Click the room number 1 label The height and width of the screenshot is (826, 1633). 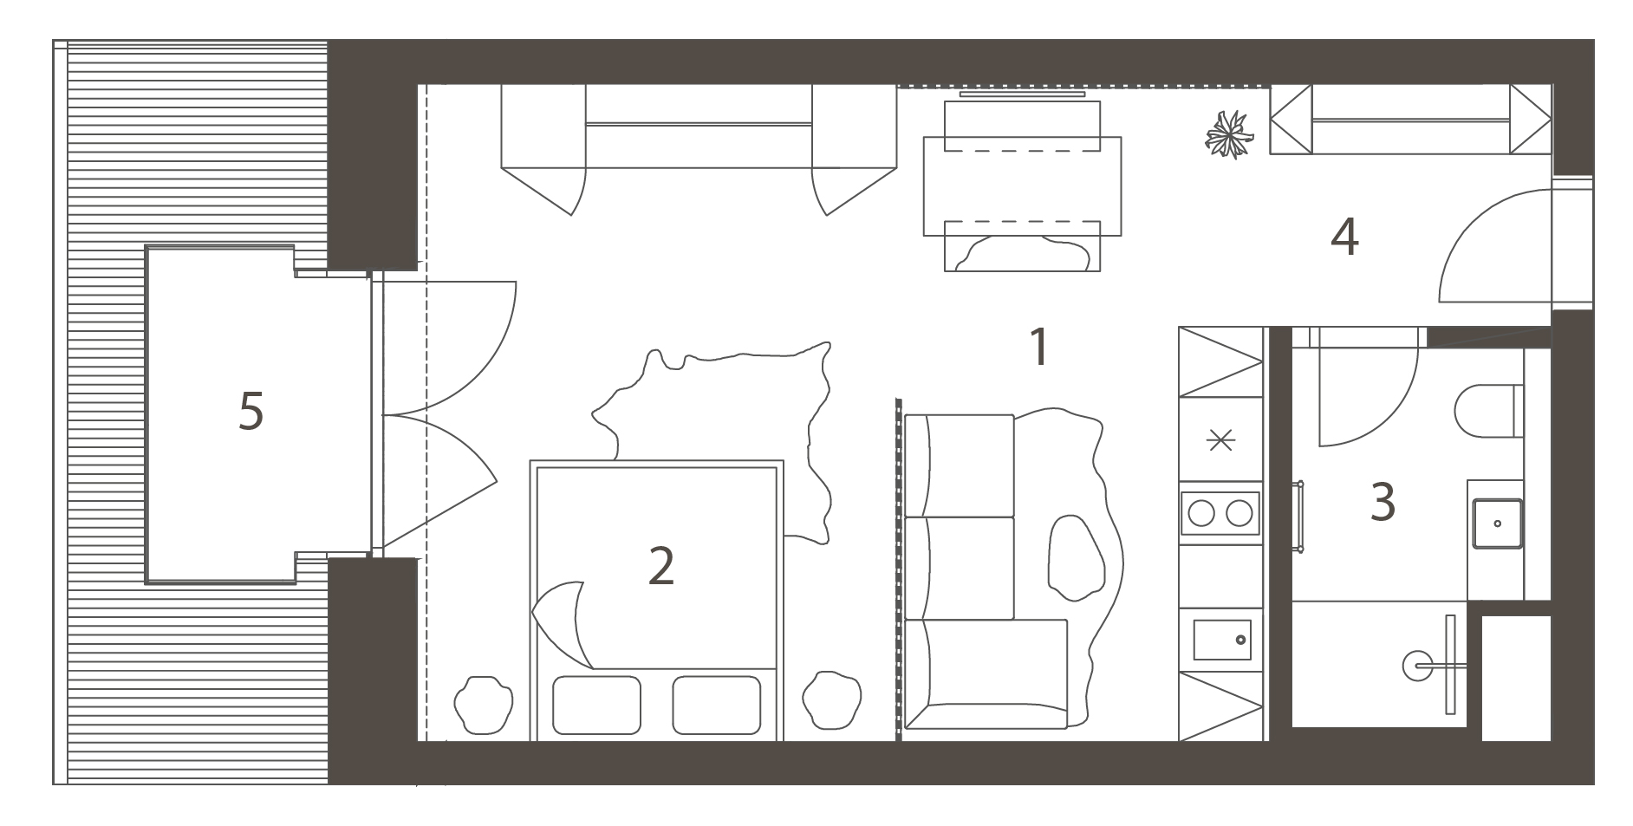(1038, 348)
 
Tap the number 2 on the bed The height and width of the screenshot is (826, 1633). (660, 566)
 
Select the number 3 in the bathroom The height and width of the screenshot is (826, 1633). (1383, 502)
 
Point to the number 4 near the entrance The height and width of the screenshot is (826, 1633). (1344, 237)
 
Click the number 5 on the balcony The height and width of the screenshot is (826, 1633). (250, 412)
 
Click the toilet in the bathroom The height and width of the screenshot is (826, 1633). (1489, 411)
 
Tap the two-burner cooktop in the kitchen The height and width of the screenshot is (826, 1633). (1220, 513)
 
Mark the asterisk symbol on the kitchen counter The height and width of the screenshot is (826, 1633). (1220, 441)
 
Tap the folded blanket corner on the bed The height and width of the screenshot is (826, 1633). (561, 622)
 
